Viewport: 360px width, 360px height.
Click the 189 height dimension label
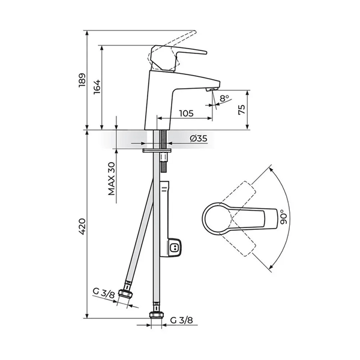point(83,81)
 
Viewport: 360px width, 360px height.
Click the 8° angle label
point(224,98)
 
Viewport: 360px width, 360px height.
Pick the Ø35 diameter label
point(198,139)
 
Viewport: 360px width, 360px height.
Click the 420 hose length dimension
point(83,226)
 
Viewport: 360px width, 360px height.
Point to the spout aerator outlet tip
point(211,89)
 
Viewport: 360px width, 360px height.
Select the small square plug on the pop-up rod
point(175,246)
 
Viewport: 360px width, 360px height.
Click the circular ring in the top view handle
point(217,218)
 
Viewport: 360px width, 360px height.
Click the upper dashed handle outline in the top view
point(240,193)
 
